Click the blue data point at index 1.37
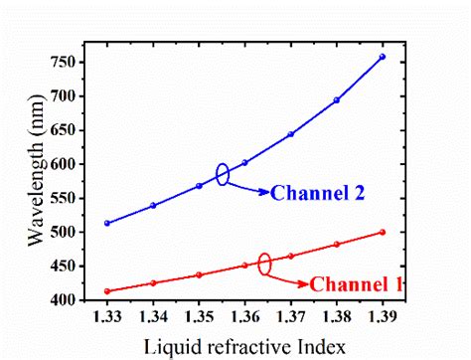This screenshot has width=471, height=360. click(x=291, y=134)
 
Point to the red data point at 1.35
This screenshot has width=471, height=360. click(x=199, y=274)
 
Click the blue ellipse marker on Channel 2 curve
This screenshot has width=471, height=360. click(x=223, y=174)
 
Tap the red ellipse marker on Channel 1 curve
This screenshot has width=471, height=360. click(x=264, y=265)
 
